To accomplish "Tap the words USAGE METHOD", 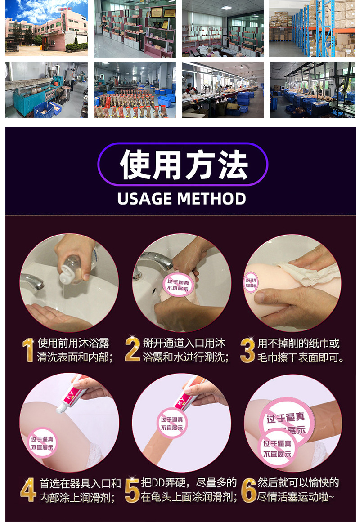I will [x=182, y=198].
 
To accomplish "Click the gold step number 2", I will [x=132, y=350].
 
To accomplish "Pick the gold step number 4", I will [x=28, y=490].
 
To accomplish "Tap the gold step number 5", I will [x=132, y=490].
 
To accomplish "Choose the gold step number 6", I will [x=248, y=490].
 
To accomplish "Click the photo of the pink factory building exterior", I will [x=46, y=28].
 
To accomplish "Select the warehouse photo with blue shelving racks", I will [x=311, y=28].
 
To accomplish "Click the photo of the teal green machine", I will [x=46, y=90].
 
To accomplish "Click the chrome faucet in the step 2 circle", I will [x=153, y=261].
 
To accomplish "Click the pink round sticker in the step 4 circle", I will [x=42, y=441].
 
